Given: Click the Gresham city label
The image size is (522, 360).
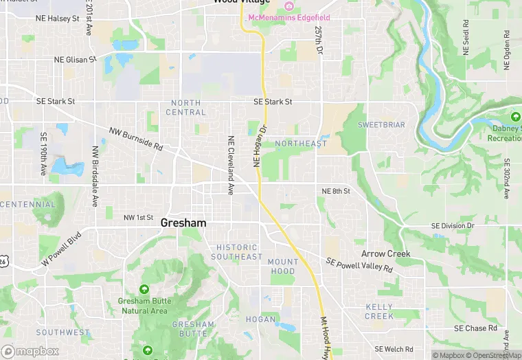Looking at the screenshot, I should point(183,223).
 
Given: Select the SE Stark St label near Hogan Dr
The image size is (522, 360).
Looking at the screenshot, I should point(273,102).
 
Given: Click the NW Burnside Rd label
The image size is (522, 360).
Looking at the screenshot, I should point(135,138).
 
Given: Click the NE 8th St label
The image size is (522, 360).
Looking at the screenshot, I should point(336,191).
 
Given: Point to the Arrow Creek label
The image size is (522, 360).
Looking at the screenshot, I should point(385,254).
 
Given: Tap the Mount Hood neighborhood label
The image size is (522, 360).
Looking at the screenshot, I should point(283,267).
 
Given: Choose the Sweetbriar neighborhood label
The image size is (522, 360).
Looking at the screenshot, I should point(381,125).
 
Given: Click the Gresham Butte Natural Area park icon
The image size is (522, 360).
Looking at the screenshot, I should point(144,289).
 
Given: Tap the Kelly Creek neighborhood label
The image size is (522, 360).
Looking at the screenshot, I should point(379,311).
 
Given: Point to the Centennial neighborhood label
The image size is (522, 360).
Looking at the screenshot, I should point(28,205).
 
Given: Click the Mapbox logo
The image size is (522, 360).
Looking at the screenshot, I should point(30,351).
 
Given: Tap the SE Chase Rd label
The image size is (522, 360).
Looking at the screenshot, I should point(475,328).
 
